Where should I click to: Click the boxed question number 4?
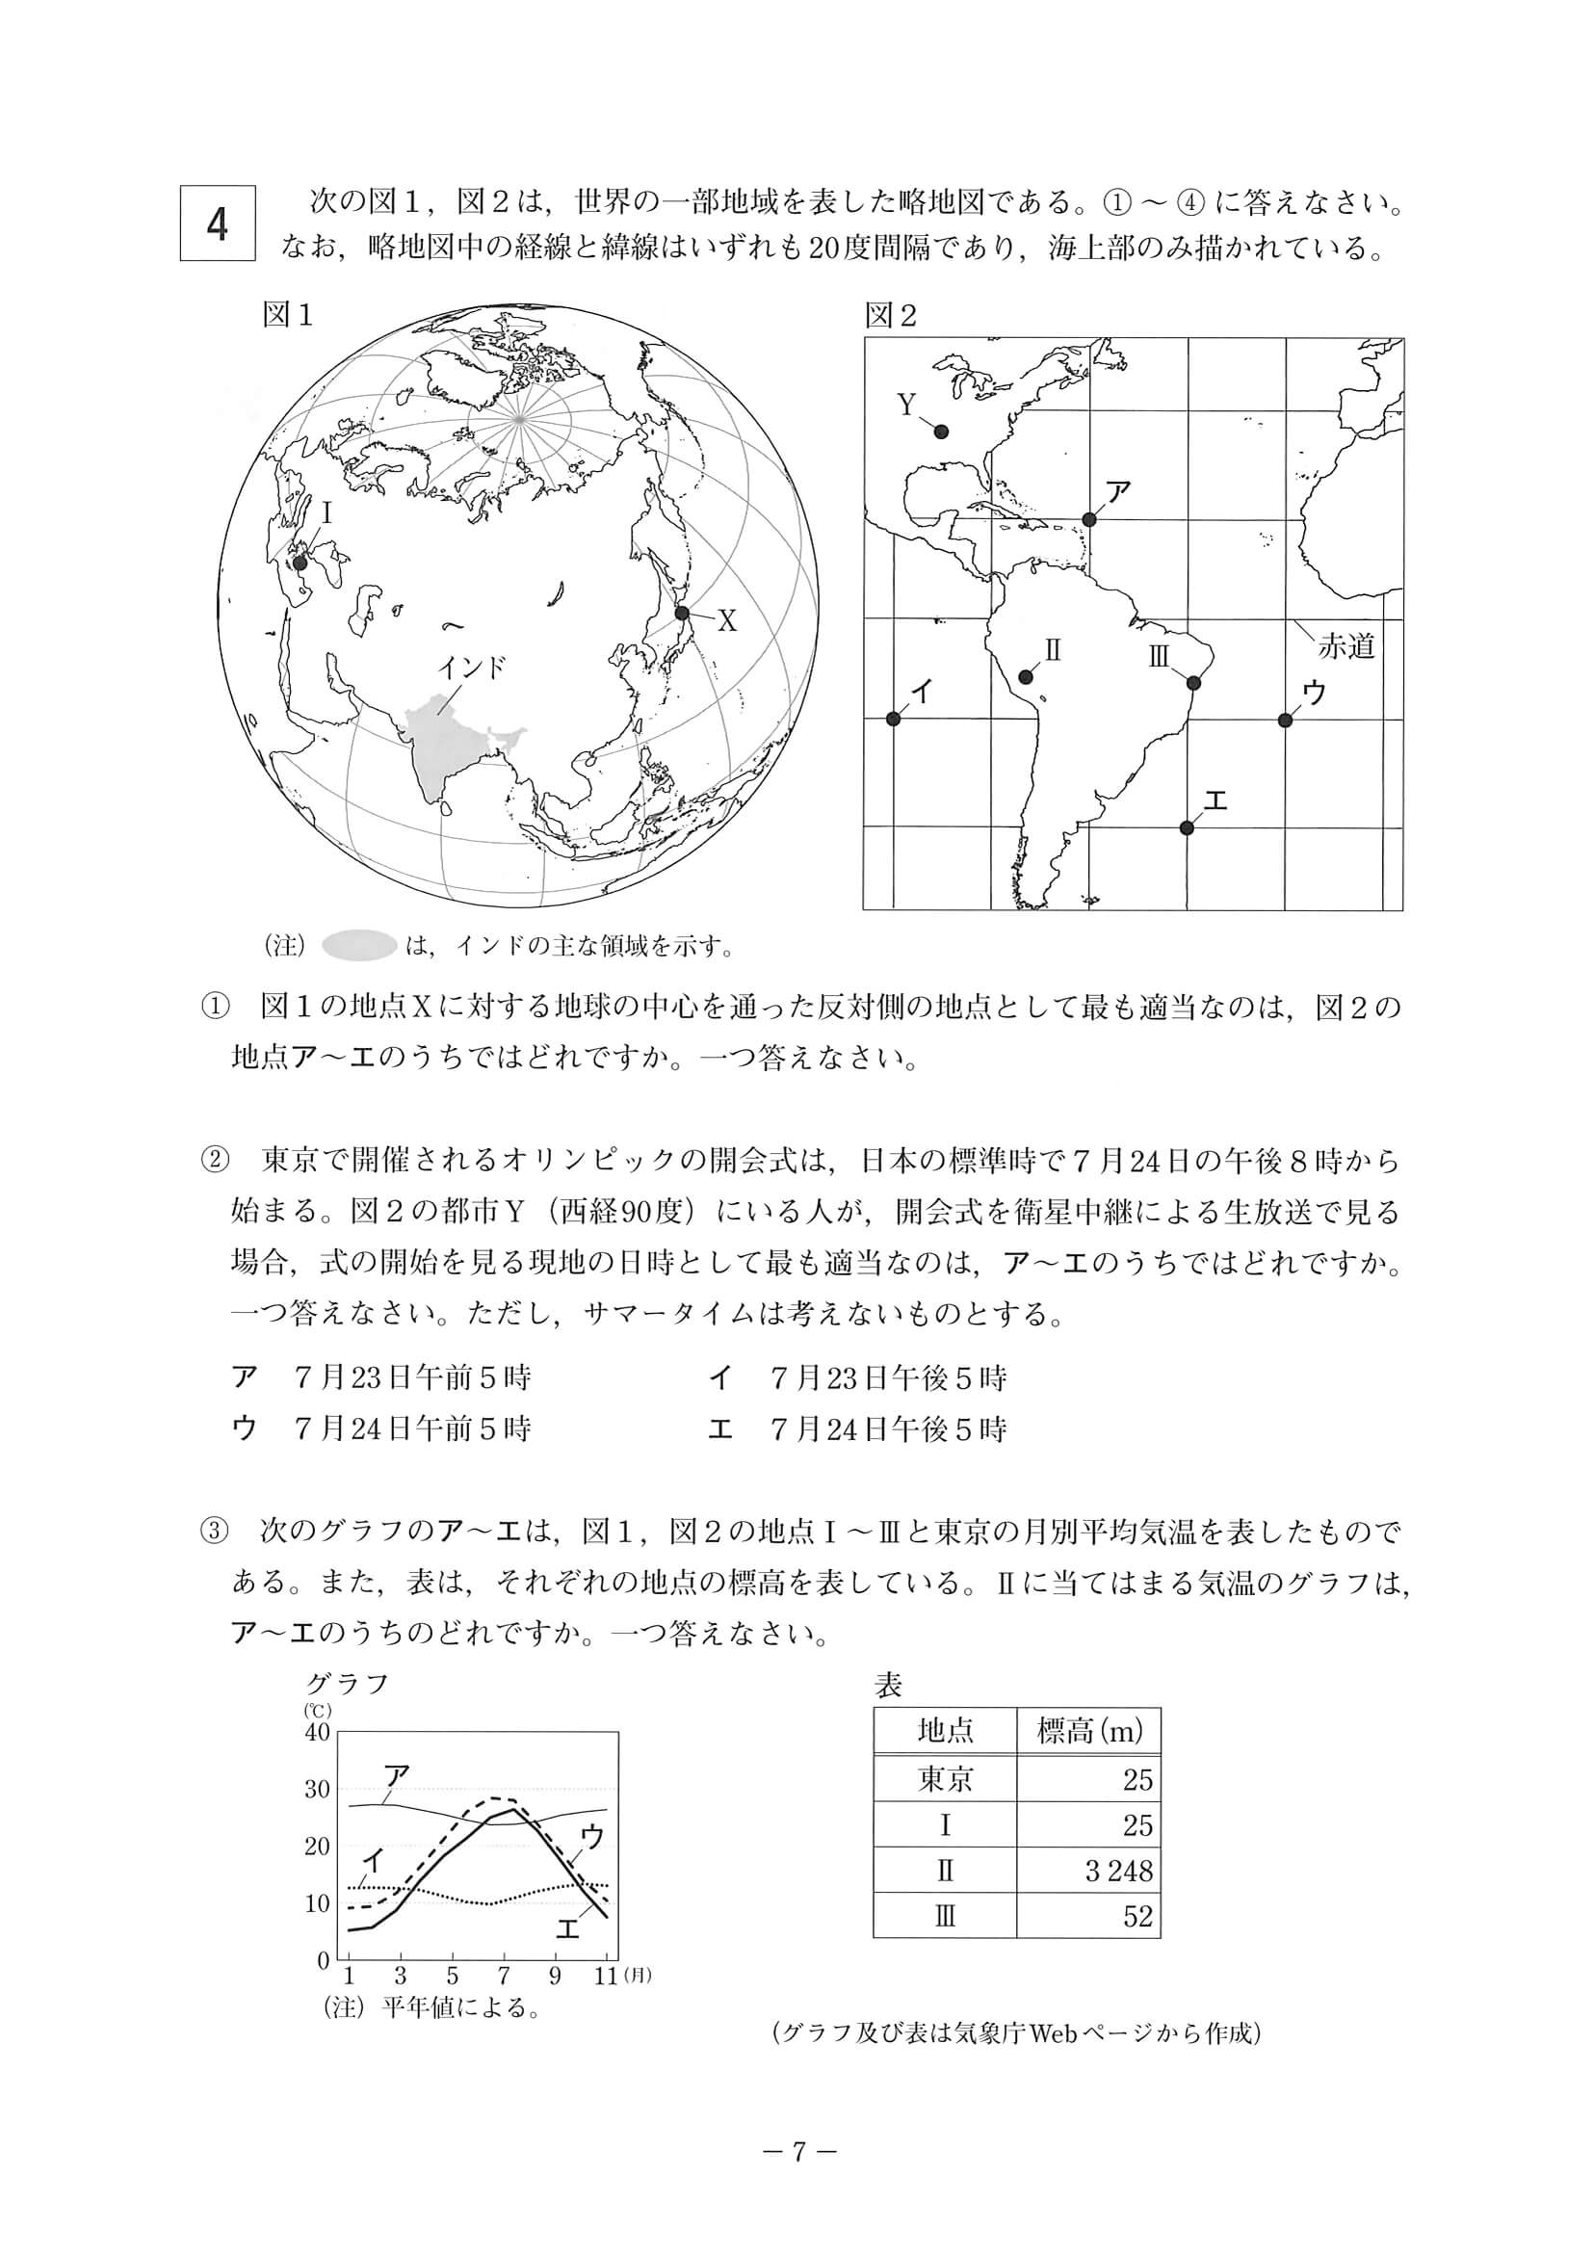(x=217, y=223)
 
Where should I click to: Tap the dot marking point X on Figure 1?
(x=682, y=613)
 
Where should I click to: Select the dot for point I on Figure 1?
(x=301, y=562)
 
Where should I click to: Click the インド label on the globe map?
(x=472, y=668)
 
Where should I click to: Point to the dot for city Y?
(x=941, y=431)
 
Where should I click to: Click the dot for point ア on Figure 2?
(x=1088, y=519)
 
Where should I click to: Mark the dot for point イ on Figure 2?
(x=893, y=719)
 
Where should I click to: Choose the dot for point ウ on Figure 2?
(x=1285, y=720)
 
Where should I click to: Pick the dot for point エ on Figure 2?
(x=1187, y=827)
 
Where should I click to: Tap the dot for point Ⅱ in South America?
(x=1026, y=676)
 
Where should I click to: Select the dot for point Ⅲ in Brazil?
(x=1194, y=682)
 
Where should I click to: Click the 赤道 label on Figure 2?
(x=1345, y=647)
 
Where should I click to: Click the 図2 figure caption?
(x=890, y=315)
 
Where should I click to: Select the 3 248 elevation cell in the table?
(x=1118, y=1872)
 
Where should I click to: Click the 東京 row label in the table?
(x=944, y=1779)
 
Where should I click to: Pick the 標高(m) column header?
(x=1089, y=1731)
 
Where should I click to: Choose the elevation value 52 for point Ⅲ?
(x=1137, y=1916)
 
